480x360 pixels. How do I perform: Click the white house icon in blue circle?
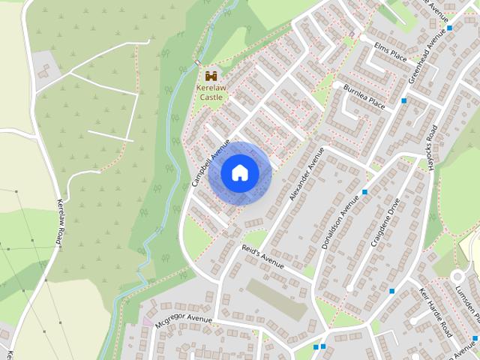(x=239, y=172)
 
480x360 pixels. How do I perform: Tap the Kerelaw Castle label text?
(x=209, y=91)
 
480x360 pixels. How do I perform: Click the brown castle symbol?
(x=210, y=76)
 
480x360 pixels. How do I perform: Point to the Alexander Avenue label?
(x=306, y=174)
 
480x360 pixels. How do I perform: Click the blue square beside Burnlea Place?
(x=403, y=100)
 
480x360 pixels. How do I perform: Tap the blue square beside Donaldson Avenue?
(x=365, y=193)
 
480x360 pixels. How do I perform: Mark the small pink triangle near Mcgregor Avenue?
(x=147, y=321)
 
